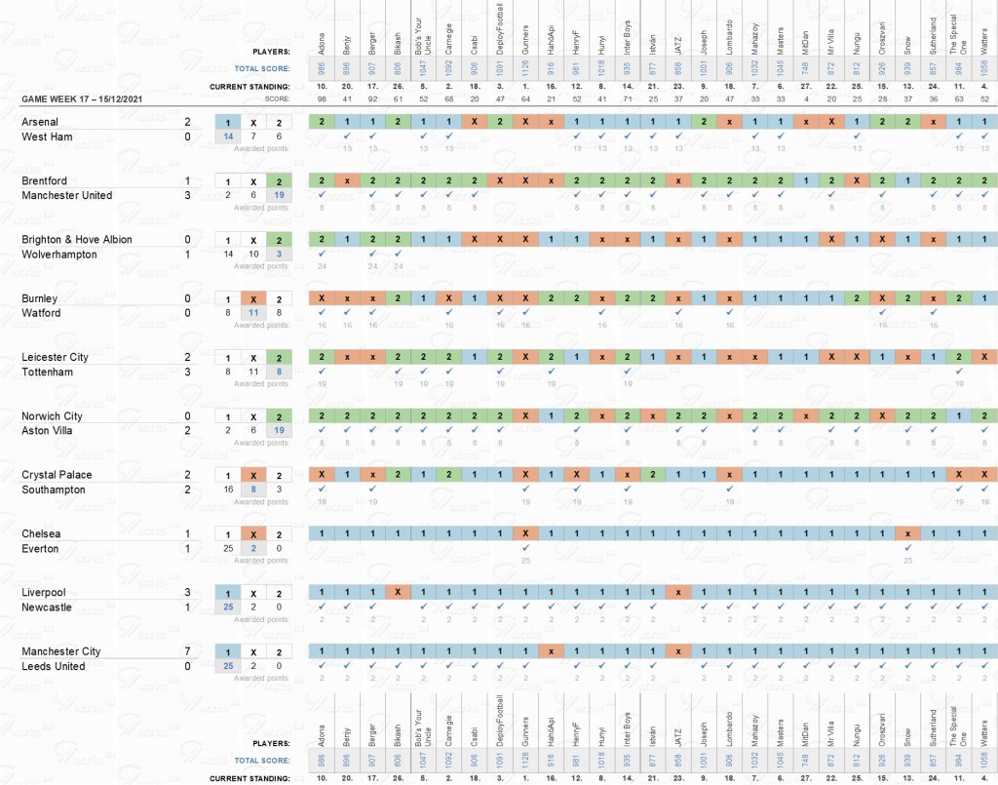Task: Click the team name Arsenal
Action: (x=41, y=122)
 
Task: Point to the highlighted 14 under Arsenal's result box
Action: (x=228, y=137)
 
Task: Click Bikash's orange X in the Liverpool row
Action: (x=397, y=593)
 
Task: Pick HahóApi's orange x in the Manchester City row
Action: (x=551, y=651)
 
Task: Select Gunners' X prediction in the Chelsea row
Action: (x=525, y=534)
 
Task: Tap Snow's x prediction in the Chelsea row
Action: (x=907, y=534)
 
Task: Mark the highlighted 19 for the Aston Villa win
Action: (x=279, y=430)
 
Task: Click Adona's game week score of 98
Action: (x=321, y=99)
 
